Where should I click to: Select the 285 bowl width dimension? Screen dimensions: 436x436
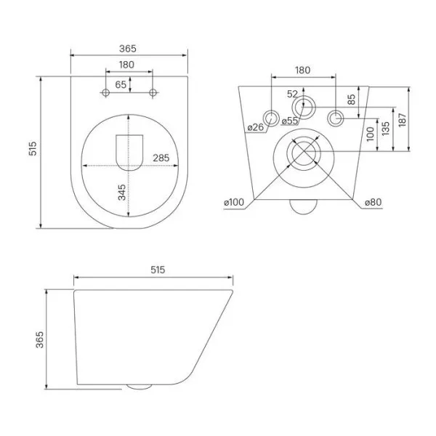161,158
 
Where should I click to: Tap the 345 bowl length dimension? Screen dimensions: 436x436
122,192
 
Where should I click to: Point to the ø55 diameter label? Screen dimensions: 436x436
288,121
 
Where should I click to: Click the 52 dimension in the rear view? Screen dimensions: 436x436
291,93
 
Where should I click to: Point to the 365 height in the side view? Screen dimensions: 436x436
41,339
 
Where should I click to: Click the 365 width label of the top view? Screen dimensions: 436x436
128,49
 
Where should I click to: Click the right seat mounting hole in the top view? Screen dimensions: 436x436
153,92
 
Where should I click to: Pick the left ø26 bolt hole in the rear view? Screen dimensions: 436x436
273,117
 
